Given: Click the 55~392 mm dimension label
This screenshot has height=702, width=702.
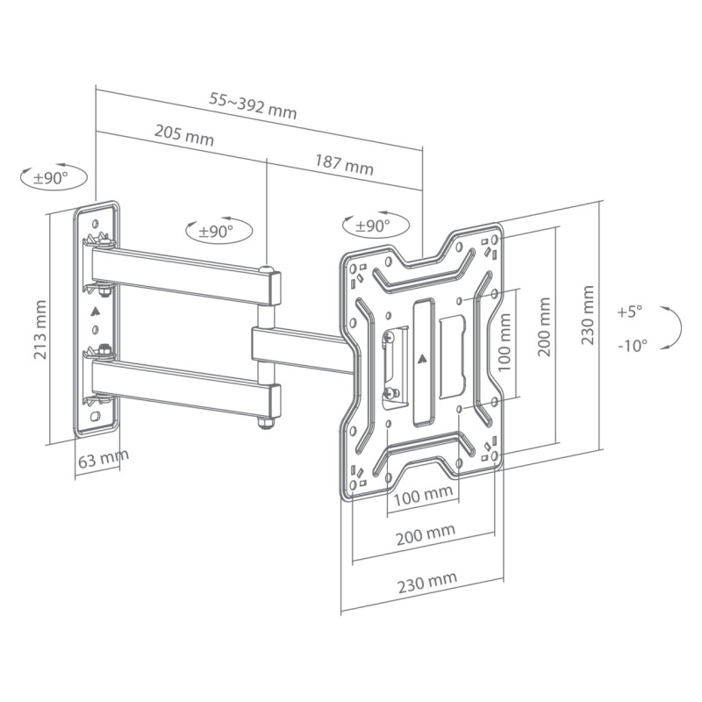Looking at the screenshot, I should point(253,106).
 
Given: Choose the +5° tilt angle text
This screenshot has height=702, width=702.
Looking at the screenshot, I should point(629,311).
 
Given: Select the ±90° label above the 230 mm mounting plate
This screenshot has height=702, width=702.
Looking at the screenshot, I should point(372,226).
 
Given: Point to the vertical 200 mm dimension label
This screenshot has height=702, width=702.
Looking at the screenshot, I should point(545,325).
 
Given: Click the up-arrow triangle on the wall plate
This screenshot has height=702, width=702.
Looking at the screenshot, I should point(96,310).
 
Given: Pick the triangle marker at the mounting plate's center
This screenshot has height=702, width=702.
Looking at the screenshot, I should point(423,358).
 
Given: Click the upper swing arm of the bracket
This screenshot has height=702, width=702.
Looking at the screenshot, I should point(184,272).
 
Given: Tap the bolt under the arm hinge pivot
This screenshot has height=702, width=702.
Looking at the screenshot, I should point(264,425).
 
